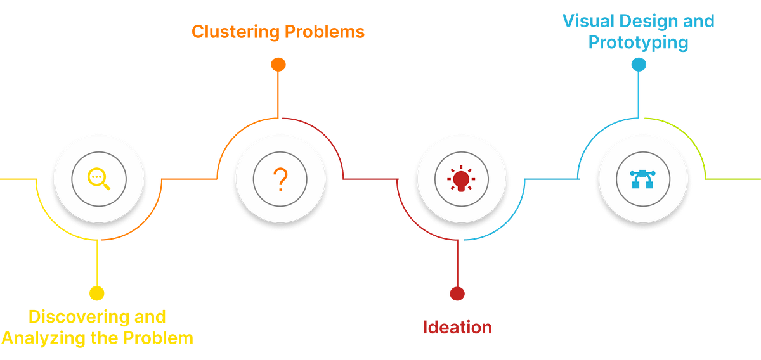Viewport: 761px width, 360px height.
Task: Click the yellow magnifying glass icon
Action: coord(98,179)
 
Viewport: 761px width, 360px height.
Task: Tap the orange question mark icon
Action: coord(280,180)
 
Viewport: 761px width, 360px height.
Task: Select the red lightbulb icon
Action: coord(460,179)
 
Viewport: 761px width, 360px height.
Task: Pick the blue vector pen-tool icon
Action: coord(642,179)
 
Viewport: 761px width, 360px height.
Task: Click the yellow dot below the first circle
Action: coord(96,293)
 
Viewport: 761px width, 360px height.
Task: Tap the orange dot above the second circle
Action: coord(278,64)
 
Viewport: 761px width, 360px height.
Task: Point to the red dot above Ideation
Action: coord(457,293)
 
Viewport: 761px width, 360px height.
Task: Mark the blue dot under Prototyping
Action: coord(639,64)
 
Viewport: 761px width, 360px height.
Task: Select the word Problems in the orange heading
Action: coord(325,32)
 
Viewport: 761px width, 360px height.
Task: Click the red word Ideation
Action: coord(457,327)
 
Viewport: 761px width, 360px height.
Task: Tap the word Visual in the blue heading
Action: coord(587,21)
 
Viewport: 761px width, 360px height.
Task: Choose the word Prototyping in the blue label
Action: coord(638,42)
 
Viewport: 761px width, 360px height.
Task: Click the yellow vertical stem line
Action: coord(97,263)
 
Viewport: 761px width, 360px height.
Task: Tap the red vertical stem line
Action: coord(457,263)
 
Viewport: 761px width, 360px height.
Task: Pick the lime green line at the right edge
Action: coord(736,179)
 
